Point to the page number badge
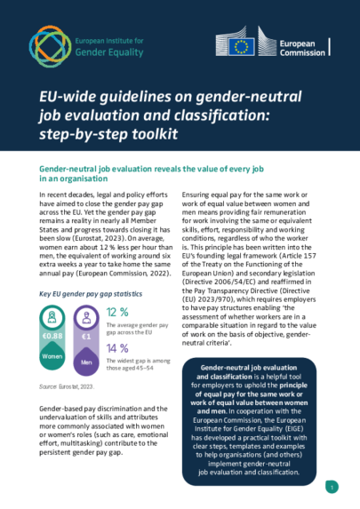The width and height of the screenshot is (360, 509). tap(332, 486)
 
